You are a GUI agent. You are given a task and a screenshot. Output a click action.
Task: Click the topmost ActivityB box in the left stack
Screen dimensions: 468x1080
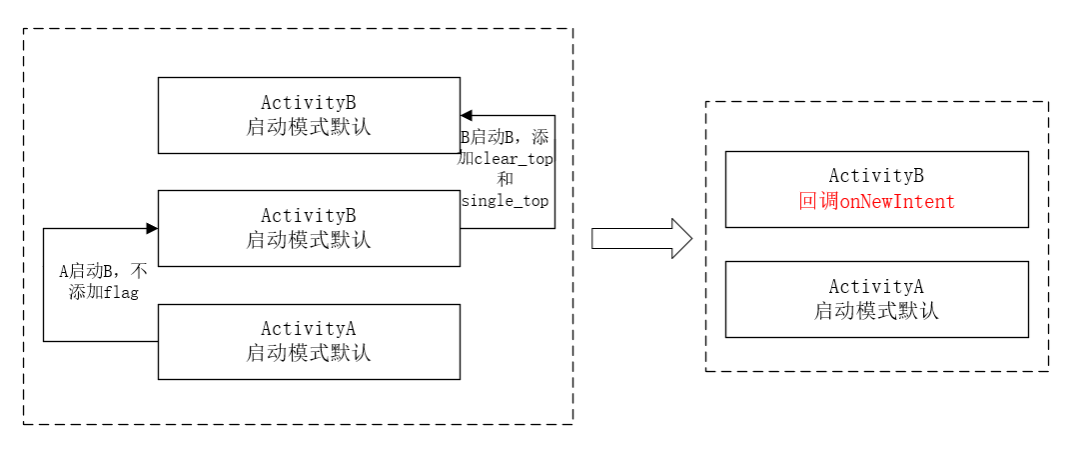pyautogui.click(x=309, y=115)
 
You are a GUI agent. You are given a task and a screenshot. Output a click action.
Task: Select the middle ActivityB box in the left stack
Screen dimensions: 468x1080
pyautogui.click(x=309, y=229)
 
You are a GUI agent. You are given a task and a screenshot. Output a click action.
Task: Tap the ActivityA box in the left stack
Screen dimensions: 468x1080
pyautogui.click(x=309, y=341)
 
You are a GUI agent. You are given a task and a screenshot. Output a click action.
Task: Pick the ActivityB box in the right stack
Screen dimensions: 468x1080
pyautogui.click(x=876, y=189)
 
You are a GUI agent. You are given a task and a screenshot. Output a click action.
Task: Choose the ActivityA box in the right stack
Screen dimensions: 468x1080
pyautogui.click(x=876, y=299)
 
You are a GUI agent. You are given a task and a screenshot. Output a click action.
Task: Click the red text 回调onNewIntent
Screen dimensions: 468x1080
pyautogui.click(x=876, y=202)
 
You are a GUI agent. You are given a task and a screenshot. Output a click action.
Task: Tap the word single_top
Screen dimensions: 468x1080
pyautogui.click(x=505, y=201)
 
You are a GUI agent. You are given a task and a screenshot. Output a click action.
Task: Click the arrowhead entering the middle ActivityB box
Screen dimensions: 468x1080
pyautogui.click(x=152, y=229)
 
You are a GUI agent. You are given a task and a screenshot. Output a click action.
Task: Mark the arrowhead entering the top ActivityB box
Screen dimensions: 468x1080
pyautogui.click(x=467, y=116)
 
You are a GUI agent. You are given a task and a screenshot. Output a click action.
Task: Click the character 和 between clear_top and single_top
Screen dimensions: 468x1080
pyautogui.click(x=505, y=180)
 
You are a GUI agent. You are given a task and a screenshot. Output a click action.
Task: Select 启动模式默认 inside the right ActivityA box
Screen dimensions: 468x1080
pyautogui.click(x=876, y=311)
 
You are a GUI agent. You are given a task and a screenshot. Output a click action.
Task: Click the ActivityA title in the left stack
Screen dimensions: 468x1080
pyautogui.click(x=309, y=329)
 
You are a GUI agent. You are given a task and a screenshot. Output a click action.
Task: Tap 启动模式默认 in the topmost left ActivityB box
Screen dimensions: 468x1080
pyautogui.click(x=309, y=127)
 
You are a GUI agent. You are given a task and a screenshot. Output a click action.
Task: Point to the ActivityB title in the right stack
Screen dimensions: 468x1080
pyautogui.click(x=876, y=176)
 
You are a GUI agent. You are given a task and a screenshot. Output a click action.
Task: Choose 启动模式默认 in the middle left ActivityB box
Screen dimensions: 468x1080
pyautogui.click(x=309, y=241)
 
